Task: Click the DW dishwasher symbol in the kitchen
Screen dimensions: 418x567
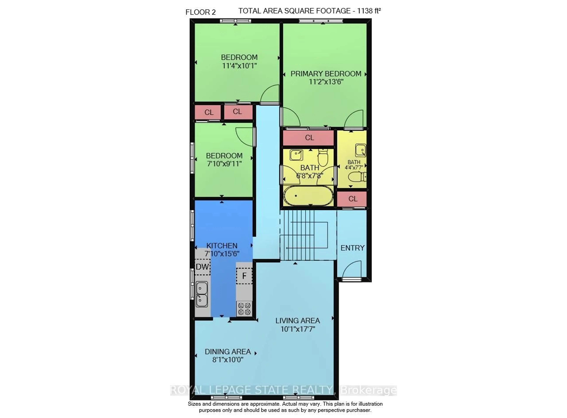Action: click(202, 267)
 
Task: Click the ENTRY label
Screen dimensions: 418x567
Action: click(352, 248)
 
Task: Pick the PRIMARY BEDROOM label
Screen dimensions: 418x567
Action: click(326, 74)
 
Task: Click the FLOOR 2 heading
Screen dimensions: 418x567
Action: click(201, 12)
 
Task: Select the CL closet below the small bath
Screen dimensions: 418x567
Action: click(352, 199)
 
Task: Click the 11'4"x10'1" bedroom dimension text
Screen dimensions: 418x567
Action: click(239, 66)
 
